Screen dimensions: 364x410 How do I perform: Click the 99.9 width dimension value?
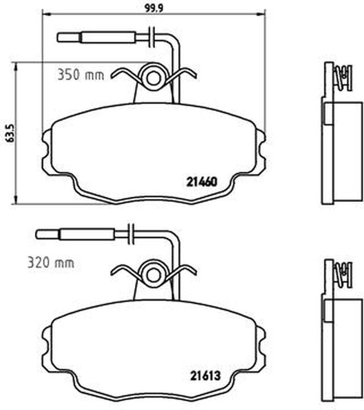(x=154, y=8)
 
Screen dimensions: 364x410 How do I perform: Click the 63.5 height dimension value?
(x=10, y=133)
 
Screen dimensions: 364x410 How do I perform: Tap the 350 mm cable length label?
(x=81, y=74)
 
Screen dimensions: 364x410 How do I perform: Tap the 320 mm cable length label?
(x=51, y=262)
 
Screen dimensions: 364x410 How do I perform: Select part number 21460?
(x=202, y=182)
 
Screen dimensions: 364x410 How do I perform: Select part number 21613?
(x=205, y=376)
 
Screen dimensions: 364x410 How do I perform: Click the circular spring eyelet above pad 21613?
(x=153, y=275)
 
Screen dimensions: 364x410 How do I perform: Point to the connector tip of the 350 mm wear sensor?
(x=58, y=37)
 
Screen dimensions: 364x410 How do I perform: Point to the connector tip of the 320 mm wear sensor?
(x=37, y=234)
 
